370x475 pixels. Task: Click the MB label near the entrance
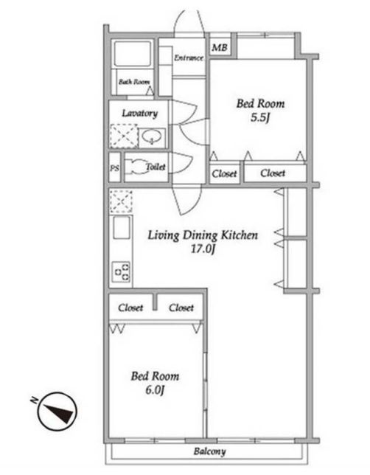pos(220,47)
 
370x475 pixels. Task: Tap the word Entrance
pos(189,58)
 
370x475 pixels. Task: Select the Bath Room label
pos(134,82)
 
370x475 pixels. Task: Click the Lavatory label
pos(139,114)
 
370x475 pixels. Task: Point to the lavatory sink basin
pos(151,137)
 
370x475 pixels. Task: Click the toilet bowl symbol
pos(136,167)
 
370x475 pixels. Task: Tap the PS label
pos(114,168)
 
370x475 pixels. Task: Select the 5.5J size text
pos(259,117)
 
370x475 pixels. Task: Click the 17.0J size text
pos(203,249)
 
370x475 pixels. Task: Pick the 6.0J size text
pos(155,390)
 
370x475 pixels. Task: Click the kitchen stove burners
pos(122,271)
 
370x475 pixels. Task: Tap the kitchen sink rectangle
pos(122,228)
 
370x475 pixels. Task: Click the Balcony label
pos(209,451)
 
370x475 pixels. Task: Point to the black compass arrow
pos(60,412)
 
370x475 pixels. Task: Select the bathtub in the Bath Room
pos(132,54)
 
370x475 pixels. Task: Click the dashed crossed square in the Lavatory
pos(124,136)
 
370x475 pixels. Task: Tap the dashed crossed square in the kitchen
pos(121,201)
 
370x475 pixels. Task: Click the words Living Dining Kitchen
pos(203,235)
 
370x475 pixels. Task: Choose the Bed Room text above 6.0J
pos(155,376)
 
